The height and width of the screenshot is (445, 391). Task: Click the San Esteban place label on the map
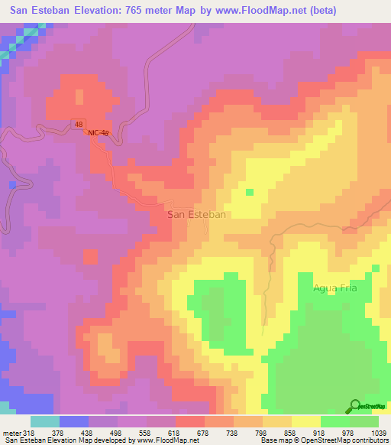pyautogui.click(x=196, y=215)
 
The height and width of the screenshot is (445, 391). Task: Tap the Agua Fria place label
pyautogui.click(x=335, y=288)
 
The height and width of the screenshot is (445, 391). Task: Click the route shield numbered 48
pyautogui.click(x=79, y=123)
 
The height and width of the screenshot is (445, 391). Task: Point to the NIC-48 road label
pyautogui.click(x=99, y=133)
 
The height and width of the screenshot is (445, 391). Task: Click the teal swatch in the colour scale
pyautogui.click(x=45, y=421)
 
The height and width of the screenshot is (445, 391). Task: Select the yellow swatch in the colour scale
pyautogui.click(x=305, y=421)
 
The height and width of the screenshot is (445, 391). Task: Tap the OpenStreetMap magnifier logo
pyautogui.click(x=354, y=406)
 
